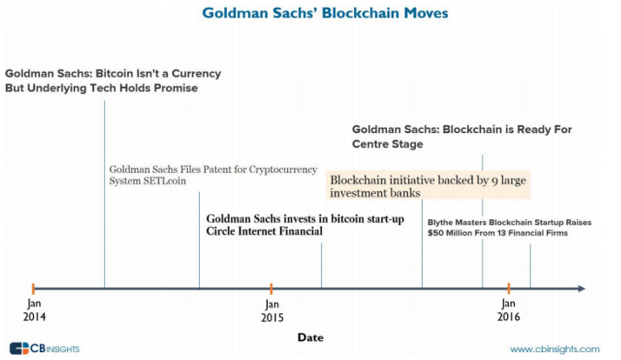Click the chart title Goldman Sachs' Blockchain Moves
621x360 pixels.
coord(325,13)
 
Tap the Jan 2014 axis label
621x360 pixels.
coord(35,310)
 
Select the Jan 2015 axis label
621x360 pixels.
coord(272,311)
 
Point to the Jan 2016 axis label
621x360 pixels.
coord(509,310)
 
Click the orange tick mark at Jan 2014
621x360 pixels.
coord(33,289)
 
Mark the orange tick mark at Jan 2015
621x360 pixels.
coord(271,289)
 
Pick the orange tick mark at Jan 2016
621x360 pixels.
coord(509,289)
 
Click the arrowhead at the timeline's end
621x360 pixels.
coord(582,289)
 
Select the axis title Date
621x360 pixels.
coord(310,337)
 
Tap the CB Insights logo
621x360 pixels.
coord(44,349)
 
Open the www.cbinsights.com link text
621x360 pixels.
coord(555,350)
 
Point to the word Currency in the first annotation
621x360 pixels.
coord(196,74)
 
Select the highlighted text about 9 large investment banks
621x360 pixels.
coord(428,186)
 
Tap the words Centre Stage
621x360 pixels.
coord(387,144)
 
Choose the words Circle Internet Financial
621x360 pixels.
coord(264,231)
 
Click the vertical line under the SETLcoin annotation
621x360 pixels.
coord(199,240)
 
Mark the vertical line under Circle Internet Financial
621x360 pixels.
coord(321,266)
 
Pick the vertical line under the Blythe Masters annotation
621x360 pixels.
coord(530,266)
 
